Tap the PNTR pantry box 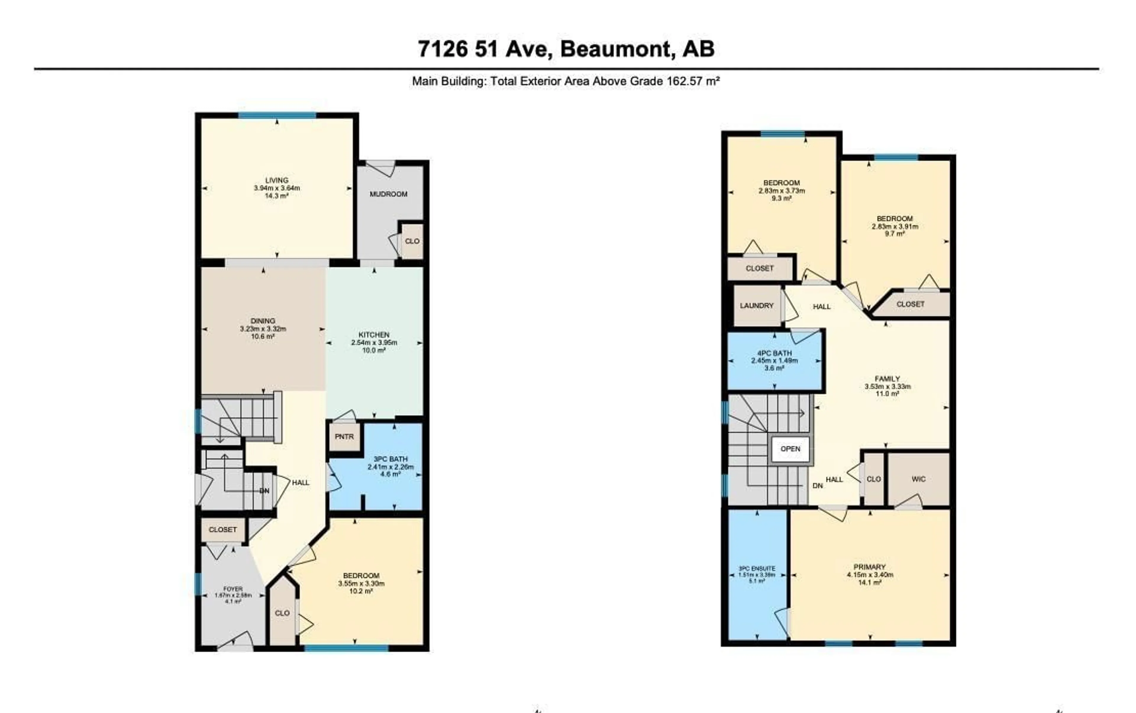point(344,437)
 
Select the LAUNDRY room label point(756,305)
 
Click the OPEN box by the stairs point(790,449)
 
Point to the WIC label point(918,479)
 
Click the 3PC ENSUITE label point(756,569)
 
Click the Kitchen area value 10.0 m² point(374,350)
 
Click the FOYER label point(233,589)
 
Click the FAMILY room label point(887,379)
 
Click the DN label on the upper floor point(817,486)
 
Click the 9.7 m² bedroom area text point(895,234)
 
